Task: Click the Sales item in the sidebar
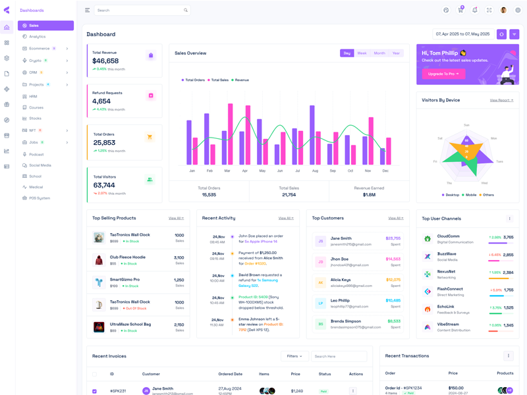[34, 26]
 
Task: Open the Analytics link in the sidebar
[38, 37]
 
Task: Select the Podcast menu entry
[36, 154]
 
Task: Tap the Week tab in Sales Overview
[362, 53]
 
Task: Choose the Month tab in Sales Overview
[379, 53]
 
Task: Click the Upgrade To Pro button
[443, 74]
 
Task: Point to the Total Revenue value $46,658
[105, 61]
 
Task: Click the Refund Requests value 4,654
[101, 101]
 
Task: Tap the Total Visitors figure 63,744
[104, 185]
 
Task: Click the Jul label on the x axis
[298, 171]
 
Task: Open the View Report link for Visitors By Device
[501, 100]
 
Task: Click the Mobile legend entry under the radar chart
[471, 195]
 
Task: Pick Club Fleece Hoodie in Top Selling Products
[127, 257]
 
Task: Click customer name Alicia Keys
[341, 280]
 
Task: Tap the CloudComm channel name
[448, 236]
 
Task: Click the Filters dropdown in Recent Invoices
[294, 356]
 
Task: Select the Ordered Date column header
[230, 374]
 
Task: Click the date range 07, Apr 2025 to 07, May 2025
[462, 34]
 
